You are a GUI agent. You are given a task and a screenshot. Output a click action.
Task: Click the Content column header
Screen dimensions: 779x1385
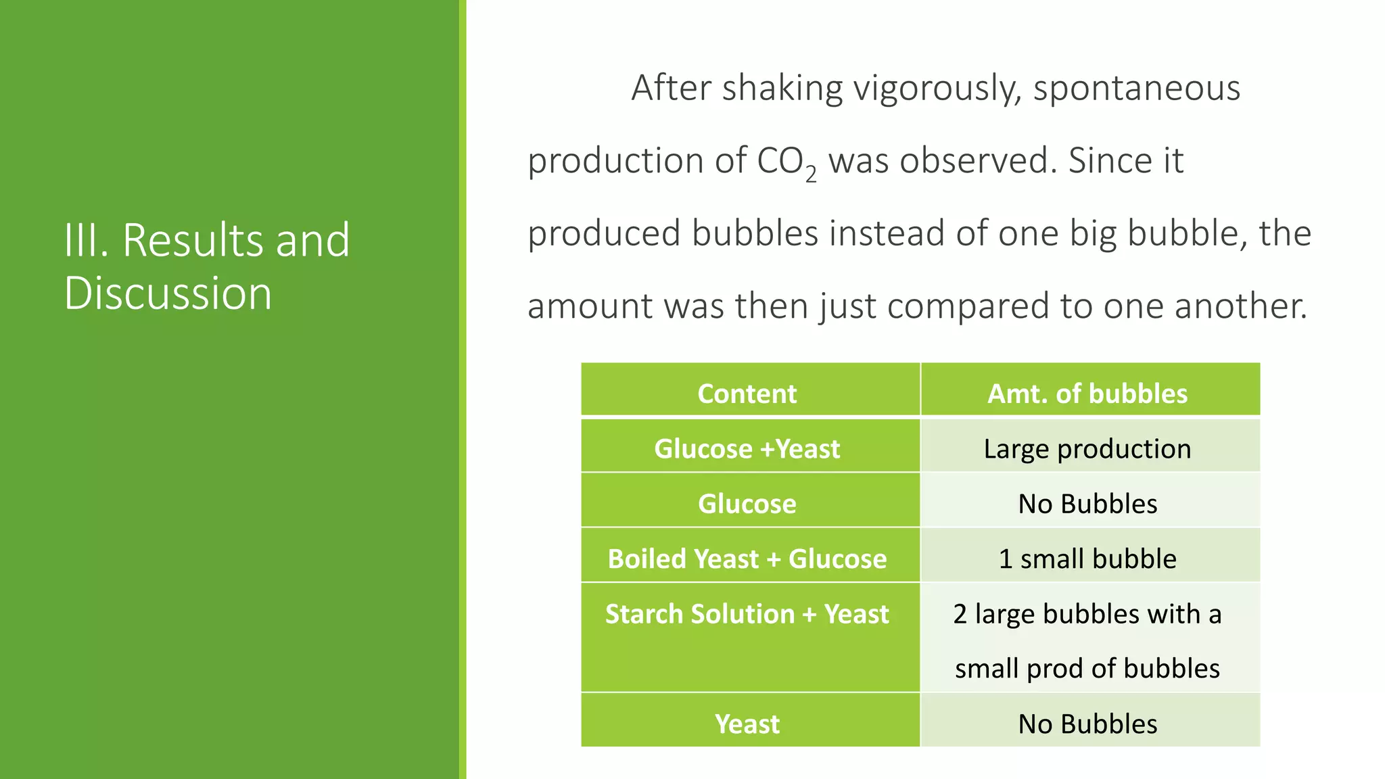click(747, 394)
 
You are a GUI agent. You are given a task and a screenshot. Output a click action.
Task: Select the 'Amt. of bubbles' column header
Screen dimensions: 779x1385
click(1087, 394)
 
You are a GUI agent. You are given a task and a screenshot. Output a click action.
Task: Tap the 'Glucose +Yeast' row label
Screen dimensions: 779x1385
click(747, 449)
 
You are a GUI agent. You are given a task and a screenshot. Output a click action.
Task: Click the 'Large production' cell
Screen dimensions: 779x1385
click(1087, 449)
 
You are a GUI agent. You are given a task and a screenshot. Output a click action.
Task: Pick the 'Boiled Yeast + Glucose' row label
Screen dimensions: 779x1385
click(747, 559)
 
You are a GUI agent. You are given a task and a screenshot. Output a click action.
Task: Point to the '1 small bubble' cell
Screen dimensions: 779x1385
click(1087, 559)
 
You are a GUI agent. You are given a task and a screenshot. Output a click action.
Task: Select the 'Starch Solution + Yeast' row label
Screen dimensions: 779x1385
click(747, 614)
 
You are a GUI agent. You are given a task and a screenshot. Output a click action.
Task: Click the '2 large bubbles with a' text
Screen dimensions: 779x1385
click(1087, 614)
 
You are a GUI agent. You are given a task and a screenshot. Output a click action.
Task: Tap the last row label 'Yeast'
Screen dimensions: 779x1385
click(747, 724)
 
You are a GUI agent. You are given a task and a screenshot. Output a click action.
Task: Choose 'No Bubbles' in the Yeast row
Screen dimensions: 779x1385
click(1087, 724)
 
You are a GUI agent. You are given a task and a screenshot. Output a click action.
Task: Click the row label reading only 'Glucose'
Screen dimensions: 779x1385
click(747, 504)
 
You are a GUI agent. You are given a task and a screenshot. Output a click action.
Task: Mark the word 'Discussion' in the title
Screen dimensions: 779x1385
click(168, 293)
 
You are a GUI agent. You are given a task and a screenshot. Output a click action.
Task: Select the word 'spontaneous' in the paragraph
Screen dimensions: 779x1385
click(1137, 88)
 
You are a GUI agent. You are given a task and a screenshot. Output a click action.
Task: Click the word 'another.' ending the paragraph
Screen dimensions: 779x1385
click(1240, 306)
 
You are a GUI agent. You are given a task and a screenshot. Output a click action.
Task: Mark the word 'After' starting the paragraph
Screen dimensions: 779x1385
click(671, 88)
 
